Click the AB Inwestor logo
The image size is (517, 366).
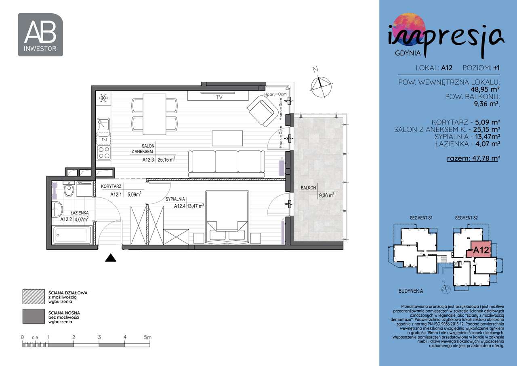click(x=40, y=35)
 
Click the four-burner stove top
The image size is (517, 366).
click(x=103, y=152)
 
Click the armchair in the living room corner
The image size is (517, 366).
click(x=263, y=110)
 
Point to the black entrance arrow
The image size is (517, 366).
click(x=111, y=258)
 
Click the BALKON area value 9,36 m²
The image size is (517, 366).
click(x=326, y=195)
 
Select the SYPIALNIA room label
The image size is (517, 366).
click(x=175, y=199)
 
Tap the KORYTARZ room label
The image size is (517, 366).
click(x=111, y=187)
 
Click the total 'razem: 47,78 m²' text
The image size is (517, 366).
click(x=473, y=158)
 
